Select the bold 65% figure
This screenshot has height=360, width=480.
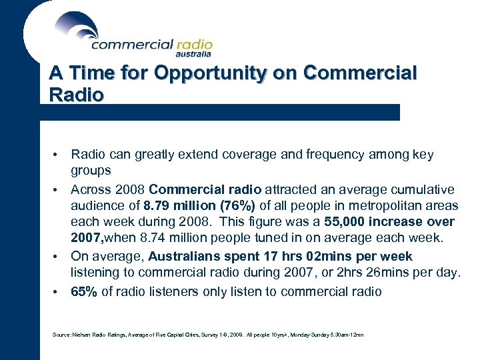point(83,291)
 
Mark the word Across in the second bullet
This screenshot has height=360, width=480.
point(89,189)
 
